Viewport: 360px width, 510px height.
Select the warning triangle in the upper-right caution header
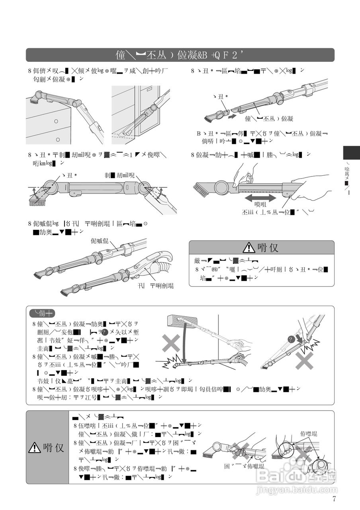coord(249,247)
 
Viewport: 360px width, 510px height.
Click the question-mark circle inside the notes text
coord(105,332)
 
